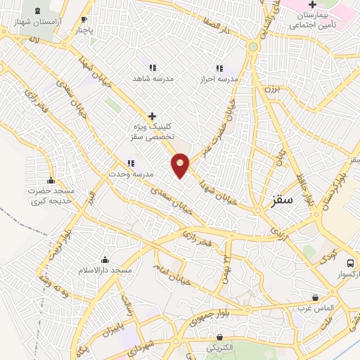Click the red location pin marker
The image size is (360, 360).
tap(181, 165)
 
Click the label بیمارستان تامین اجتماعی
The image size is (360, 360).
tap(311, 20)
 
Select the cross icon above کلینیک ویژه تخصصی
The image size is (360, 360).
tap(152, 115)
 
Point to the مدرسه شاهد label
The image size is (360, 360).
tap(152, 78)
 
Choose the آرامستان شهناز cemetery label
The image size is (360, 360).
tap(37, 22)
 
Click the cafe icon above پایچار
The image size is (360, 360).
tap(84, 20)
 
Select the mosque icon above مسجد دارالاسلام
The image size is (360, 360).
tap(105, 259)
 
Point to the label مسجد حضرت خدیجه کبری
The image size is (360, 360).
tap(51, 195)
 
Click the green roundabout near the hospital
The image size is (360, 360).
tap(252, 46)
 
